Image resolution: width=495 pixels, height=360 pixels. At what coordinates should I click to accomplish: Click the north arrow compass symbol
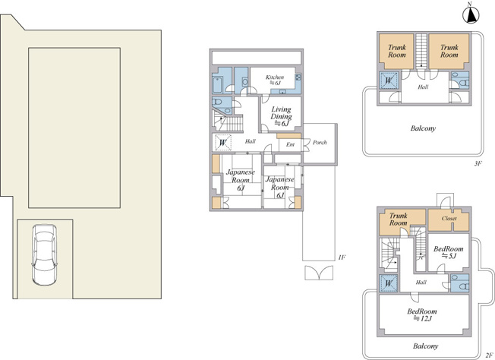pyautogui.click(x=471, y=14)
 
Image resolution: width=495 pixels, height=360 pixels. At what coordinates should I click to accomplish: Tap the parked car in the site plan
pyautogui.click(x=45, y=255)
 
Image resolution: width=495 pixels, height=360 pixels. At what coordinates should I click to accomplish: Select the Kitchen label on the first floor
pyautogui.click(x=275, y=80)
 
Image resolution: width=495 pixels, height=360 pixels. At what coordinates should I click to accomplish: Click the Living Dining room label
pyautogui.click(x=281, y=116)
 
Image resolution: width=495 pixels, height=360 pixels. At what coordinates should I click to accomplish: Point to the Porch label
pyautogui.click(x=320, y=143)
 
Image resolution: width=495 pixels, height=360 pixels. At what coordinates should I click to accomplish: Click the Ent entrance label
pyautogui.click(x=290, y=144)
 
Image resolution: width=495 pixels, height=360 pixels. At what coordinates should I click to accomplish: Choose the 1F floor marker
pyautogui.click(x=342, y=257)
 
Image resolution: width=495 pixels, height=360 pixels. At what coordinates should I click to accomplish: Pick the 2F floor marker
pyautogui.click(x=490, y=355)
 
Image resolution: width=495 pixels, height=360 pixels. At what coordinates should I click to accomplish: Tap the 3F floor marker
pyautogui.click(x=478, y=163)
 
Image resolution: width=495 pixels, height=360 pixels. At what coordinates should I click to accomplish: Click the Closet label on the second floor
pyautogui.click(x=449, y=218)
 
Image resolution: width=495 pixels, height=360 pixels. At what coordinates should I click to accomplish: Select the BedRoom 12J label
pyautogui.click(x=422, y=314)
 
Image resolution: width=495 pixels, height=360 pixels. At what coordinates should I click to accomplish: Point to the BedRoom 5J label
pyautogui.click(x=448, y=252)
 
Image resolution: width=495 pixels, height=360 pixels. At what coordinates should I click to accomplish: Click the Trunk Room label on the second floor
pyautogui.click(x=398, y=219)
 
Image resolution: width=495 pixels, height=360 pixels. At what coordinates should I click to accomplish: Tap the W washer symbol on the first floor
pyautogui.click(x=223, y=143)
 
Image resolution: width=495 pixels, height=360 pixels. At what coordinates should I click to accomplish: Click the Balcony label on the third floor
pyautogui.click(x=423, y=128)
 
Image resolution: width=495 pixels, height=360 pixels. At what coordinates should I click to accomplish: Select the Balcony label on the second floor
pyautogui.click(x=426, y=346)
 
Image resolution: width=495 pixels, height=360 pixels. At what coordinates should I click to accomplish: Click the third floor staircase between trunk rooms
pyautogui.click(x=421, y=51)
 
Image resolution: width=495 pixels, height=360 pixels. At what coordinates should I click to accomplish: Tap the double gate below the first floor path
pyautogui.click(x=319, y=273)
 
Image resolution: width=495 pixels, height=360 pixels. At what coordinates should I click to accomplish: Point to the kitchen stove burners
pyautogui.click(x=298, y=77)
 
